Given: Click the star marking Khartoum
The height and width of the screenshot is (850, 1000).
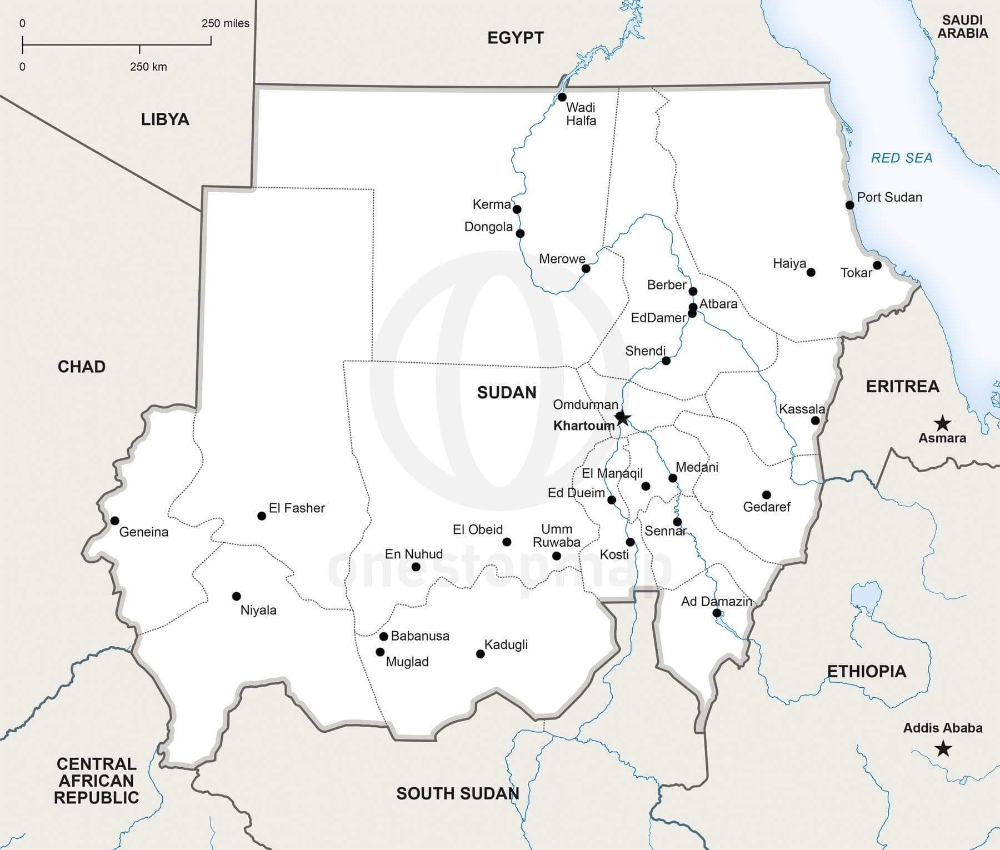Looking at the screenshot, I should (x=622, y=418).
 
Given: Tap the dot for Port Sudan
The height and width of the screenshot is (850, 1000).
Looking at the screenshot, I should (x=849, y=205).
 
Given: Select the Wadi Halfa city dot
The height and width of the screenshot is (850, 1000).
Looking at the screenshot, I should (x=562, y=97).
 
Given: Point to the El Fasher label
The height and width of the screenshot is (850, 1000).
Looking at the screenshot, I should (x=297, y=508).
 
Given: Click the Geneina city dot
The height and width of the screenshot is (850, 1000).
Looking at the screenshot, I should (x=114, y=521).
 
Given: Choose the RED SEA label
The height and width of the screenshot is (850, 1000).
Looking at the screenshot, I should (x=901, y=158).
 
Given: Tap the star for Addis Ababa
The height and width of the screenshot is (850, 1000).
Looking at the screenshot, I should (x=942, y=749).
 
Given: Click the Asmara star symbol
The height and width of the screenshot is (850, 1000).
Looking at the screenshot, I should (x=942, y=423).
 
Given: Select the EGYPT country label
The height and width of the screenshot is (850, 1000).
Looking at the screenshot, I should (x=515, y=38).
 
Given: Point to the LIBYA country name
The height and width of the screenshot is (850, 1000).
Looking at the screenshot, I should (x=165, y=119).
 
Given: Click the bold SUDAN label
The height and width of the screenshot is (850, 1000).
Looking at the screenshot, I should (x=507, y=393).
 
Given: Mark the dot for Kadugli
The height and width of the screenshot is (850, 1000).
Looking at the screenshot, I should (x=481, y=654).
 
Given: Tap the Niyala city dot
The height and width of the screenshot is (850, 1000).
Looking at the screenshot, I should (x=236, y=596).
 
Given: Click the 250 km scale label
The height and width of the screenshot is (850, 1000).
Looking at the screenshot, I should (x=148, y=67).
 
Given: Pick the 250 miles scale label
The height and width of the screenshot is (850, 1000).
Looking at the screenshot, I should (x=225, y=23).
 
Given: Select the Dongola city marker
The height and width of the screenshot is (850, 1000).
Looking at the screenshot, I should (x=520, y=233).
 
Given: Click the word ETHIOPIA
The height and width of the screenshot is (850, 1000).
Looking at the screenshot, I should (x=867, y=672).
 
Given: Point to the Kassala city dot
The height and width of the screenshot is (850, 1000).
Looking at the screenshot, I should (x=815, y=421).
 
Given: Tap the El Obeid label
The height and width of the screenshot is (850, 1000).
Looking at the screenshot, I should (x=477, y=529).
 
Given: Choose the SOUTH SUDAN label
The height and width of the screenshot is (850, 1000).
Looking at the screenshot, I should (x=457, y=793).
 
